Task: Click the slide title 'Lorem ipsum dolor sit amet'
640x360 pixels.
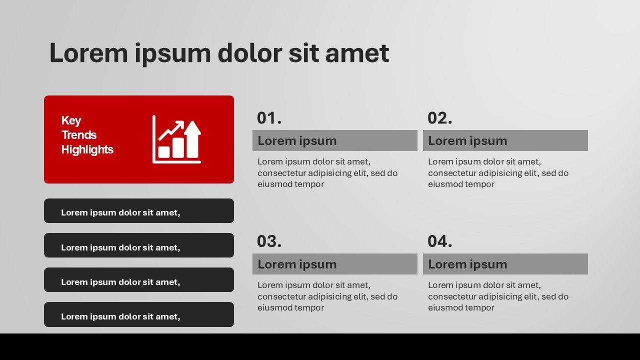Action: (x=218, y=53)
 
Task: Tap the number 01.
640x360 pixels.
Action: (x=269, y=118)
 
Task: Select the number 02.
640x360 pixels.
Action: (x=439, y=118)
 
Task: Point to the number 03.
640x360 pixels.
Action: (x=269, y=241)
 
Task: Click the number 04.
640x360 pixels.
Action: (x=439, y=241)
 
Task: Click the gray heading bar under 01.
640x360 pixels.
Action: (x=334, y=140)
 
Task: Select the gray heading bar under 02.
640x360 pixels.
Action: (x=505, y=140)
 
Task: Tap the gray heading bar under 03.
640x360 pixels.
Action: (x=334, y=264)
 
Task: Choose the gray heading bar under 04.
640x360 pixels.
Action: (x=505, y=264)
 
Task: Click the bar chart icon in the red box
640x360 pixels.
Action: (x=176, y=139)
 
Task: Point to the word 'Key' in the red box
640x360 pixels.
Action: (x=71, y=120)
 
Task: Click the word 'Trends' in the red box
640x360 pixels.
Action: (x=78, y=135)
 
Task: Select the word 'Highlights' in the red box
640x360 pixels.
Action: (x=87, y=149)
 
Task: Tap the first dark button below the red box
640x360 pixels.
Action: (x=138, y=211)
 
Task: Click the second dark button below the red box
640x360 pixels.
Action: (x=138, y=245)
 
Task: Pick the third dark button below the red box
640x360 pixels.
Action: (x=138, y=280)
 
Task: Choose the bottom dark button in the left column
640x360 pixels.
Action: (x=138, y=314)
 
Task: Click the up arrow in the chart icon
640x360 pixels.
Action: (x=192, y=137)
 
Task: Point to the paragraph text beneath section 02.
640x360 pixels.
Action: (x=498, y=173)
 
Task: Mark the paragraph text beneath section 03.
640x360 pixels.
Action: (x=327, y=296)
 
